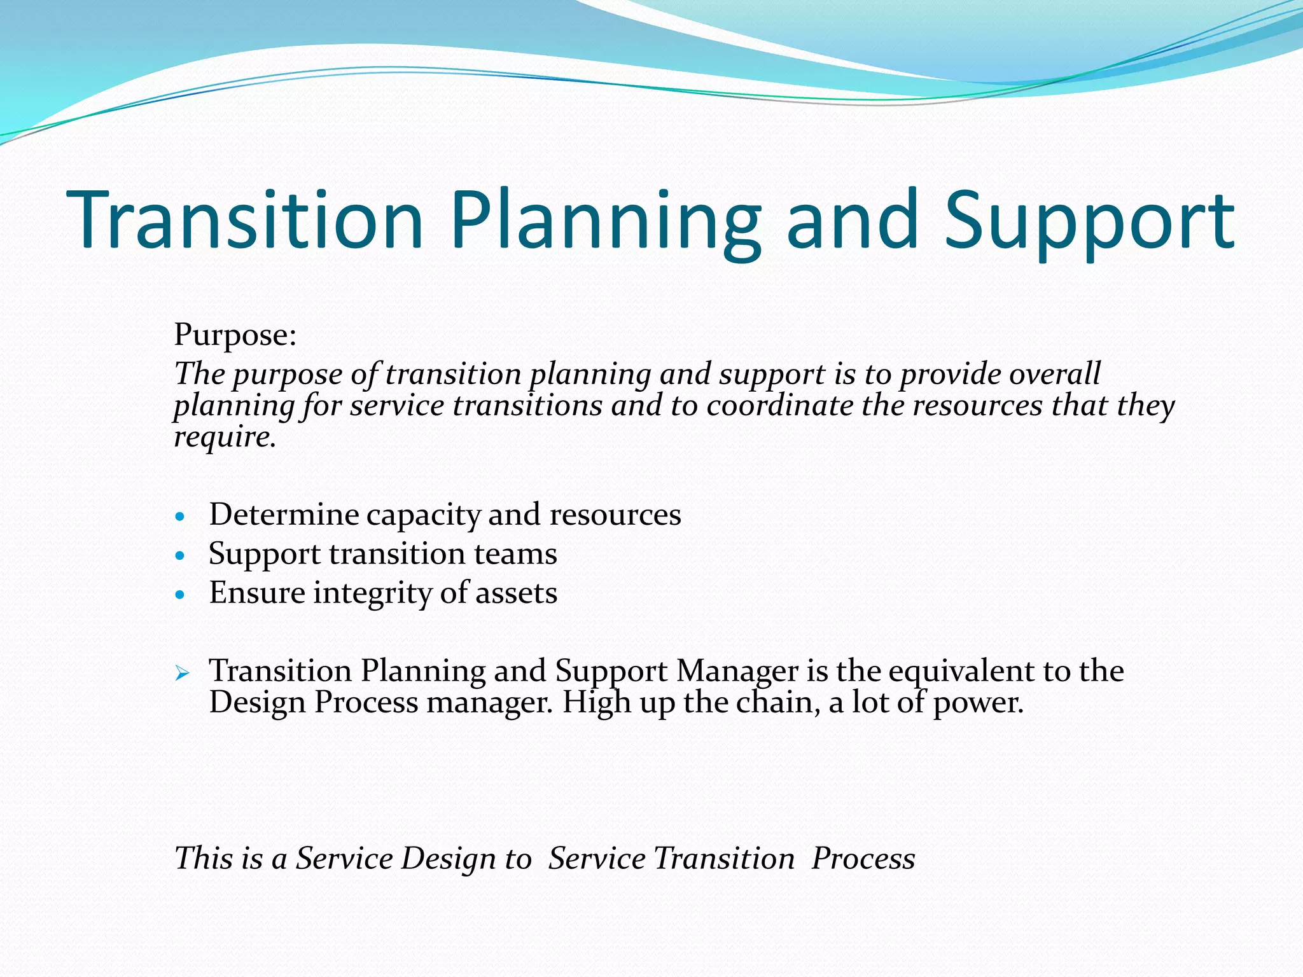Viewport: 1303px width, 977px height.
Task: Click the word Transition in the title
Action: coord(245,219)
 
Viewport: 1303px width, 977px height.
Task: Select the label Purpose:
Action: coord(235,335)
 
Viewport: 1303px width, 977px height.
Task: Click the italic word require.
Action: coord(225,437)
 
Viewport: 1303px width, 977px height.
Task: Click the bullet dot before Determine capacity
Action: coord(181,516)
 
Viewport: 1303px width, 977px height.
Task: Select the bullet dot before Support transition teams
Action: coord(181,555)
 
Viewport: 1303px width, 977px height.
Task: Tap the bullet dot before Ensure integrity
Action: coord(181,595)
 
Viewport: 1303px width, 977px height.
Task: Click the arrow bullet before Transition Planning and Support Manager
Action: coord(182,673)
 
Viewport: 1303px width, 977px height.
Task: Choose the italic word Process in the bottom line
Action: coord(863,858)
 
